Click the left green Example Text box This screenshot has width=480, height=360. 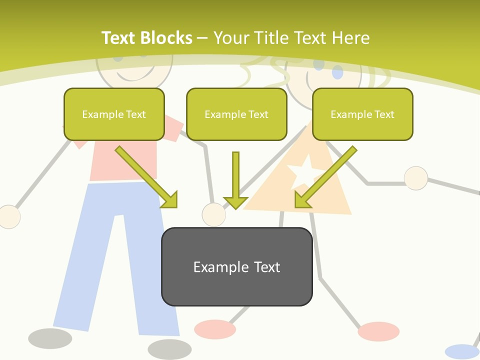(114, 114)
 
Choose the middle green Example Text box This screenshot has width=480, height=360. (236, 114)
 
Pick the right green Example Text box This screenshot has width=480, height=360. (362, 114)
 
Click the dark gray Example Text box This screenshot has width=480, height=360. (236, 266)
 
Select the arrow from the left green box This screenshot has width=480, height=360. (146, 177)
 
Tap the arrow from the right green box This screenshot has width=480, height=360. (325, 177)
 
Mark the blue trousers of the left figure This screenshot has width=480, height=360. (115, 250)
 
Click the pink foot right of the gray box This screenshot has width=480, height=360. (378, 331)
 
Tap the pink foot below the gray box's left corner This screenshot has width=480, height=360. (214, 329)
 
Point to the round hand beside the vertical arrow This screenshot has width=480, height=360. (213, 214)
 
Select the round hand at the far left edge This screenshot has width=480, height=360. (9, 216)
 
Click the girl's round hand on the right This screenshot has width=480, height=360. (415, 178)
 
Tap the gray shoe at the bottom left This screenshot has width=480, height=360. (50, 338)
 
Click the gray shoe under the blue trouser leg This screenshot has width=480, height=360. (169, 348)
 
